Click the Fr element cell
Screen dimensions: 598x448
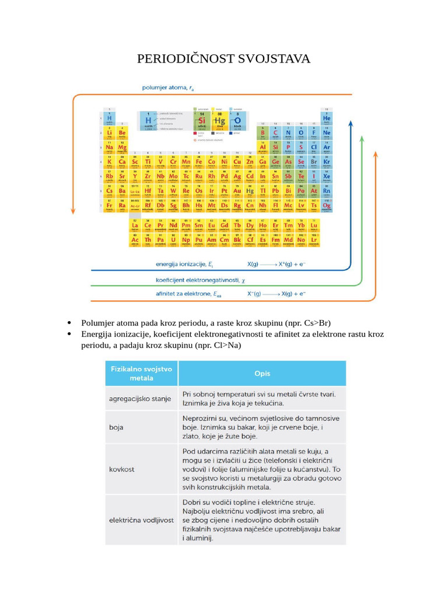pos(109,206)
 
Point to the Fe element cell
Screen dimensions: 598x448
pos(198,162)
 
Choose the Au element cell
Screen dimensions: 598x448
pos(237,191)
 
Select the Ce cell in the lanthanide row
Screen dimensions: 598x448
pos(148,225)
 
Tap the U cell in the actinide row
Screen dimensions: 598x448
pos(173,239)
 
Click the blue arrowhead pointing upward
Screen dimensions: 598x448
pos(350,124)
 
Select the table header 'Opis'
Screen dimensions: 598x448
pos(262,373)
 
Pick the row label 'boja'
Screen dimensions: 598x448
pos(116,427)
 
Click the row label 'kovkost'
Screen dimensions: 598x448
pos(120,469)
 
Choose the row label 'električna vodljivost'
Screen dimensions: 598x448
pos(141,520)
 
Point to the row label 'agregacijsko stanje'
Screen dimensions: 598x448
pos(140,399)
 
